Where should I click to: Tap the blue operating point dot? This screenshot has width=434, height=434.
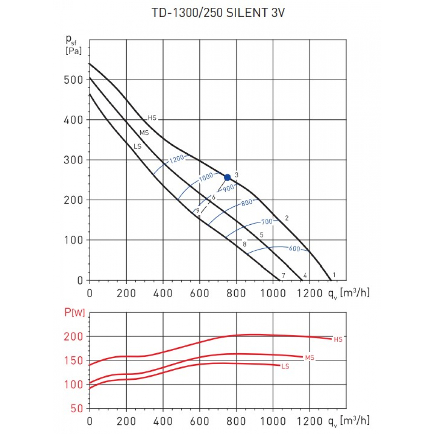pos(227,177)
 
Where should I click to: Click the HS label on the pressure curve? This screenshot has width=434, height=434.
pos(152,118)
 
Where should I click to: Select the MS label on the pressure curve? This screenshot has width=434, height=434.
pos(144,133)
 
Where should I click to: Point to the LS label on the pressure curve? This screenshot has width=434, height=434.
pos(137,147)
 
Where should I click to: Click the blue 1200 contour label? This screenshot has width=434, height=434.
pos(177,158)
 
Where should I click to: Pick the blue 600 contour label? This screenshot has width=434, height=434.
pos(294,249)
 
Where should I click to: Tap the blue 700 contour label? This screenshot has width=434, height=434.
pos(266,222)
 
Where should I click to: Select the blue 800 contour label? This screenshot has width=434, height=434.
pos(247,202)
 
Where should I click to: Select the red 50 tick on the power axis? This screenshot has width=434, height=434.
pos(77,408)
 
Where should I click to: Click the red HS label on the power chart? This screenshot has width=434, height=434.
pos(338,339)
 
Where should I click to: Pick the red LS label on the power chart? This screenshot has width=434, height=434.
pos(285,366)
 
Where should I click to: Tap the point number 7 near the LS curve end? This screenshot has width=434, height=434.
pos(283,276)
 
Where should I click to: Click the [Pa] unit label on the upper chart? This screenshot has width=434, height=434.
pos(73,51)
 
